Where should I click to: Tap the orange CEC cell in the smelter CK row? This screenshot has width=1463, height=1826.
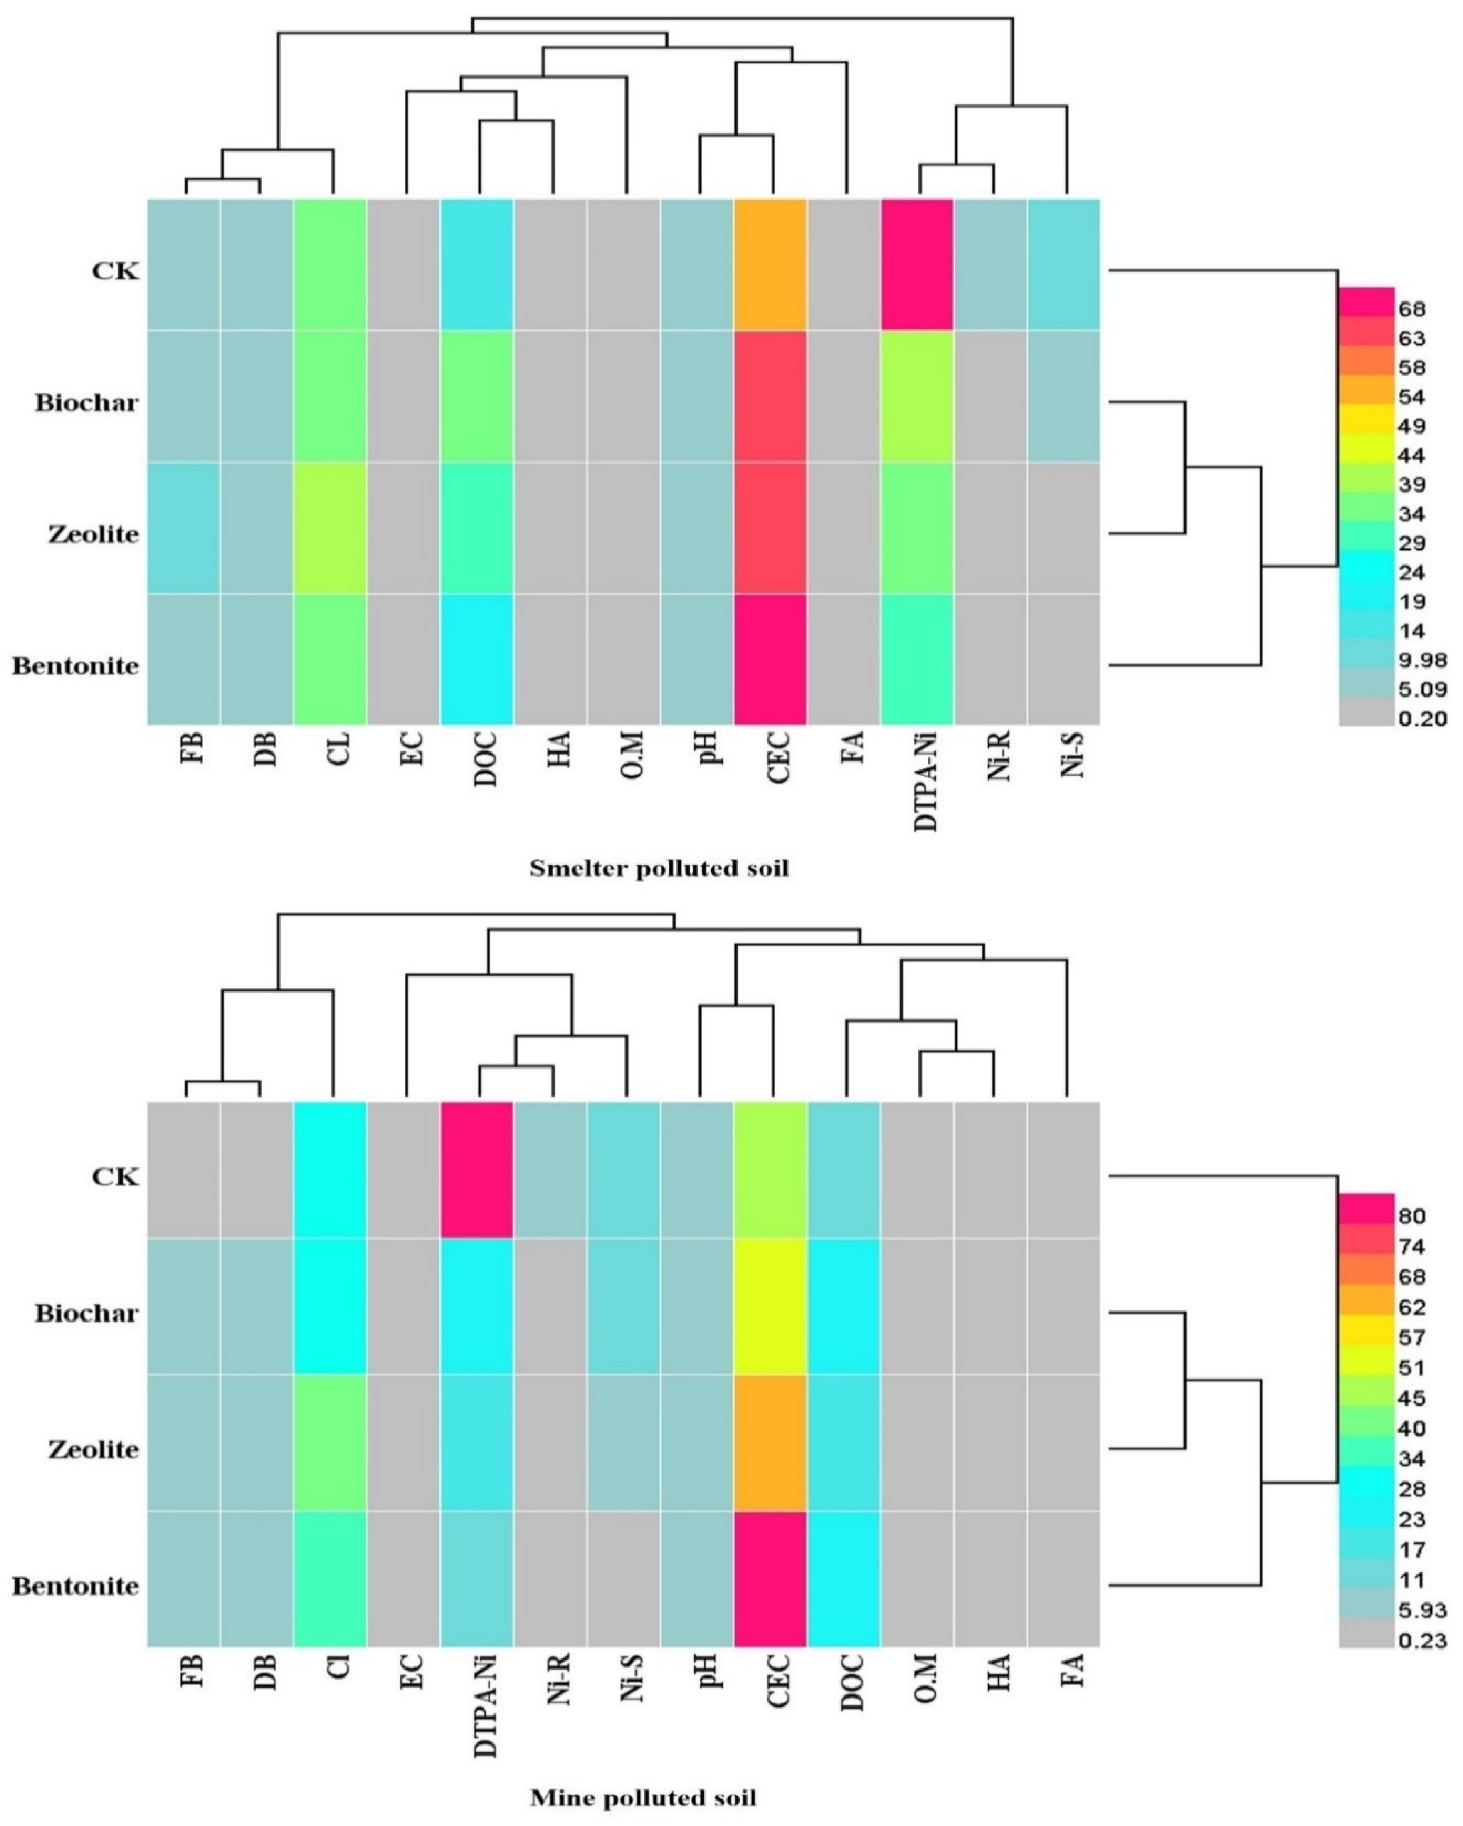(770, 264)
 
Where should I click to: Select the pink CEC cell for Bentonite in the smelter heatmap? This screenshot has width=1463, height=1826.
(770, 659)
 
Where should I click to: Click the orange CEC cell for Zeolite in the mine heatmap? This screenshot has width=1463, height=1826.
(770, 1442)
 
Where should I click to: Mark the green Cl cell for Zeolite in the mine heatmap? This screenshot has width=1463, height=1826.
(330, 1442)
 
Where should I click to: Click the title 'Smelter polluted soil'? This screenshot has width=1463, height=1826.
(659, 868)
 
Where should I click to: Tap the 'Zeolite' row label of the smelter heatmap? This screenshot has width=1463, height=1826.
(93, 535)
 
